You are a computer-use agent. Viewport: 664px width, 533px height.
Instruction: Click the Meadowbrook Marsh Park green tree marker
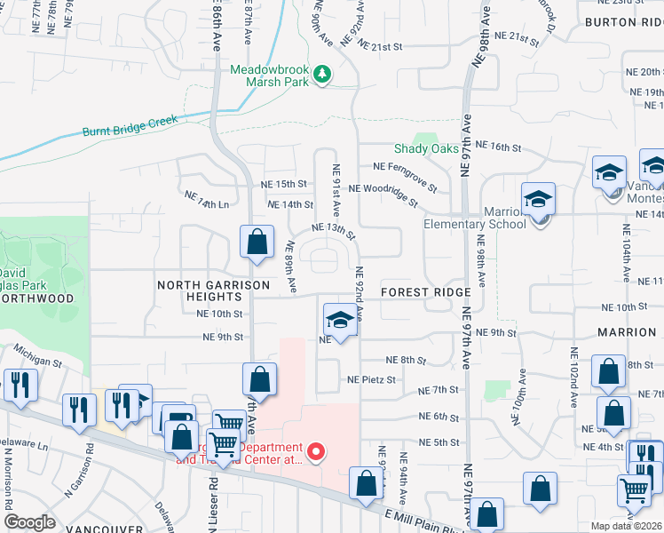pyautogui.click(x=323, y=74)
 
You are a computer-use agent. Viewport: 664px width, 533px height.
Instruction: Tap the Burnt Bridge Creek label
pyautogui.click(x=130, y=125)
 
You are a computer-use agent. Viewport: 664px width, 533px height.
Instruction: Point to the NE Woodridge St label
pyautogui.click(x=383, y=195)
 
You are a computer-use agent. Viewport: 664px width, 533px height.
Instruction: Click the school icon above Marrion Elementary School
pyautogui.click(x=537, y=201)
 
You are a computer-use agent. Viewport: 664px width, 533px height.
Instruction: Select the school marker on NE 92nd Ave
pyautogui.click(x=339, y=320)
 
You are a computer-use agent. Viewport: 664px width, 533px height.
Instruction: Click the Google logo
pyautogui.click(x=29, y=522)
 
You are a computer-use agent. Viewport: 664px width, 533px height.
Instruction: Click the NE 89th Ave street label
pyautogui.click(x=290, y=266)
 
